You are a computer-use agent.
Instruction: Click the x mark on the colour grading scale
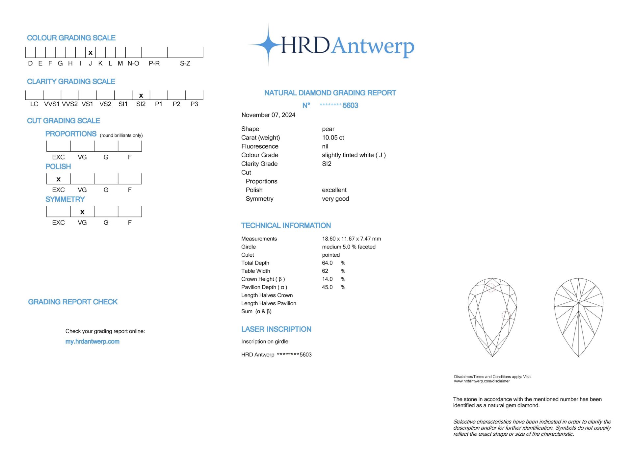tap(91, 53)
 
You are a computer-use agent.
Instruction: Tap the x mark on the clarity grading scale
tap(141, 96)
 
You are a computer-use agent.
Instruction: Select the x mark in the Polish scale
tap(59, 179)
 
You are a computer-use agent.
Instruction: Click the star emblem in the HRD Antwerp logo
tap(269, 45)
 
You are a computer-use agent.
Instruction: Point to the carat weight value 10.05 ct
tap(333, 138)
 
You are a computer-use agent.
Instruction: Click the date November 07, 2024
tap(268, 115)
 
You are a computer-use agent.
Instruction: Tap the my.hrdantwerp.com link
tap(92, 342)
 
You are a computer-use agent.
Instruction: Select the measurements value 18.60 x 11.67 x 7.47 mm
tap(351, 239)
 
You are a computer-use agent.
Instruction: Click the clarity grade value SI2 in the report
tap(327, 164)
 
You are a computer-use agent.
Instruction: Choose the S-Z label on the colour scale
tap(185, 63)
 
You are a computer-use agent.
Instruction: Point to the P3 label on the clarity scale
tap(194, 104)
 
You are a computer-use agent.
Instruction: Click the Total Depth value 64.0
tap(327, 263)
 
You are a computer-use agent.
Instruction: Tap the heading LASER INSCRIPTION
tap(276, 329)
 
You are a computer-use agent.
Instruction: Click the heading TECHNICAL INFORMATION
tap(286, 225)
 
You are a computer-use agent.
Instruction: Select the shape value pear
tap(328, 129)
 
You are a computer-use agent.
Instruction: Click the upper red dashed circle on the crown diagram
tap(491, 288)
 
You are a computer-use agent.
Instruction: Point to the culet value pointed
tap(331, 255)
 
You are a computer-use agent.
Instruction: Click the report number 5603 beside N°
tap(350, 105)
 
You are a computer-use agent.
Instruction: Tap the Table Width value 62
tap(325, 271)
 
